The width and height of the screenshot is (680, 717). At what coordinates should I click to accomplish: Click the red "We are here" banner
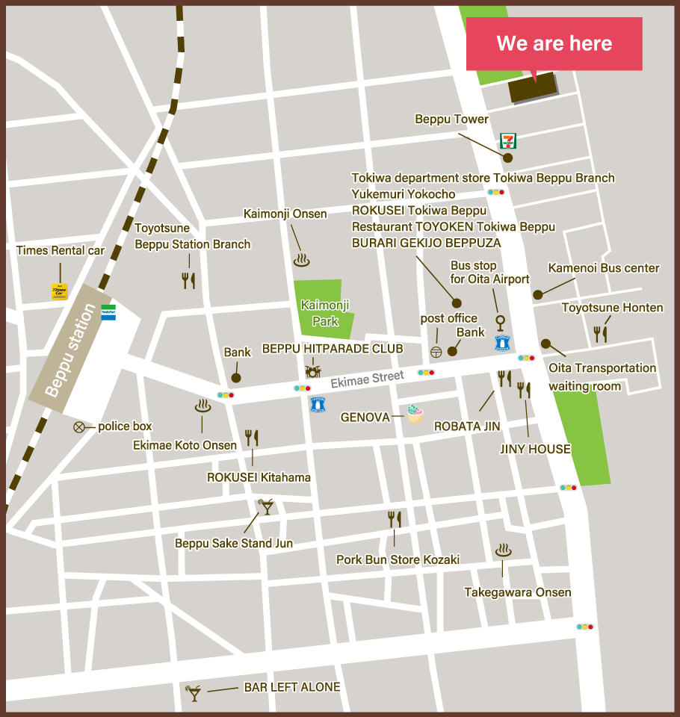(554, 44)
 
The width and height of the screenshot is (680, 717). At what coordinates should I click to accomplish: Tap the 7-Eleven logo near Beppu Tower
(508, 140)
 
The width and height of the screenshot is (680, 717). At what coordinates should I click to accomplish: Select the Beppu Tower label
(451, 119)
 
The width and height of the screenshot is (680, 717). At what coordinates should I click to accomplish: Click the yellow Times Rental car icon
(59, 291)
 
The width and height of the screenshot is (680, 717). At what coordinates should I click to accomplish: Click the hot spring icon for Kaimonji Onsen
(301, 260)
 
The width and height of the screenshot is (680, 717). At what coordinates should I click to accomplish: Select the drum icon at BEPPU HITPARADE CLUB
(313, 370)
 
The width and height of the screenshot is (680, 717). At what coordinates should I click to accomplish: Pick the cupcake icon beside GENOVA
(415, 414)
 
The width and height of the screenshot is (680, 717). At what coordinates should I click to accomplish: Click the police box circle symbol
(78, 427)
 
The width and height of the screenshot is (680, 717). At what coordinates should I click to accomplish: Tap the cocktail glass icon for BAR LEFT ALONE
(194, 692)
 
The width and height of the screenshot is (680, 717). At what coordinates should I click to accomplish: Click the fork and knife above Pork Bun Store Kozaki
(395, 519)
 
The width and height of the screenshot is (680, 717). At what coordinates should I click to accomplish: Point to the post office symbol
(436, 351)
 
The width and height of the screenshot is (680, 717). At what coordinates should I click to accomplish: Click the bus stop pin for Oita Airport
(500, 323)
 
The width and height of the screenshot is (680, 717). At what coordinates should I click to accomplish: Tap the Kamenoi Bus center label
(604, 268)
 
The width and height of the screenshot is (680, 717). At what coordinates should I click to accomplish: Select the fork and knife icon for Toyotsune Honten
(600, 334)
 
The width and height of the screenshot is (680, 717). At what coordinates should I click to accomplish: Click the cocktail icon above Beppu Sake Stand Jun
(265, 508)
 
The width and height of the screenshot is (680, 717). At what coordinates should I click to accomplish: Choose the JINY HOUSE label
(535, 450)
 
